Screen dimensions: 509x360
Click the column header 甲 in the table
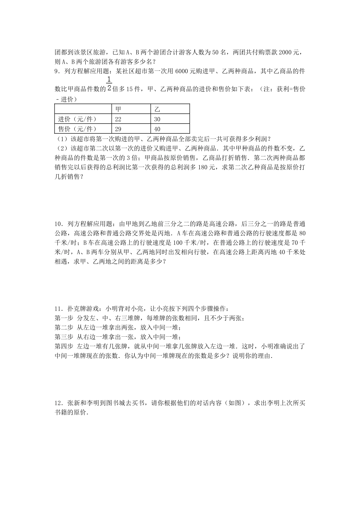[118, 109]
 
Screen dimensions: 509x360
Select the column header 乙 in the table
[157, 109]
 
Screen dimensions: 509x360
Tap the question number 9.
[57, 71]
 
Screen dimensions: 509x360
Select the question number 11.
[58, 309]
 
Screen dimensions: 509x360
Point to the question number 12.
[58, 404]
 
